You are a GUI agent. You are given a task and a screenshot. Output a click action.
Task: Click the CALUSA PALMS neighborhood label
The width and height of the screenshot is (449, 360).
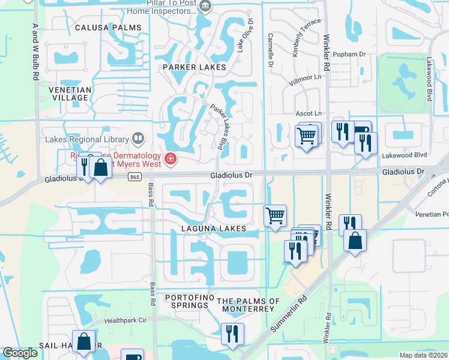109,28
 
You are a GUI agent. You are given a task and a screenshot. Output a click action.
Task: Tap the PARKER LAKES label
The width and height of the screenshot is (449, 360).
194,67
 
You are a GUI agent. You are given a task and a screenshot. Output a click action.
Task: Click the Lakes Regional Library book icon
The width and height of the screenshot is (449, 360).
138,139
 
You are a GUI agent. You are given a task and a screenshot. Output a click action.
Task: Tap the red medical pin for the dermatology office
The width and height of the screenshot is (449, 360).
170,159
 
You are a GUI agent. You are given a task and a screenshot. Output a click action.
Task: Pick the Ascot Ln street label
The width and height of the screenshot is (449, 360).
309,113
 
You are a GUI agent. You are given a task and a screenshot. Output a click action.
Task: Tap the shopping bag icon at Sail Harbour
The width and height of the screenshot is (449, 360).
83,340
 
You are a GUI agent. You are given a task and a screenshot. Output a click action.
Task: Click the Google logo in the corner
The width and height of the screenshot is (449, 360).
20,353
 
